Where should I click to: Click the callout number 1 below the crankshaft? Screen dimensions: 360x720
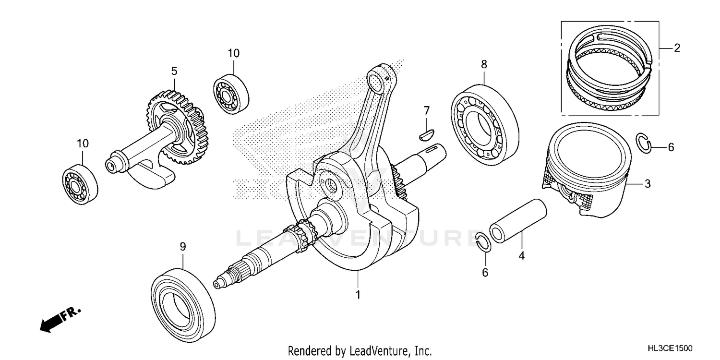[357, 294]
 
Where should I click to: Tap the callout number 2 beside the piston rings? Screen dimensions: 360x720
[677, 48]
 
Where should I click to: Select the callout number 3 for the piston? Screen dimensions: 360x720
[647, 183]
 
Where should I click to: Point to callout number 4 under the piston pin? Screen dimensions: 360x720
[521, 256]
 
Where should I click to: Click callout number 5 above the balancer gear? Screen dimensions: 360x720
[174, 72]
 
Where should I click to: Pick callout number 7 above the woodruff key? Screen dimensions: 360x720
[426, 111]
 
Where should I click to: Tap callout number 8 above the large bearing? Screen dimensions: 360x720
[484, 64]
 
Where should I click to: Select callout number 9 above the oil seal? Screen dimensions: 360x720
[182, 247]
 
